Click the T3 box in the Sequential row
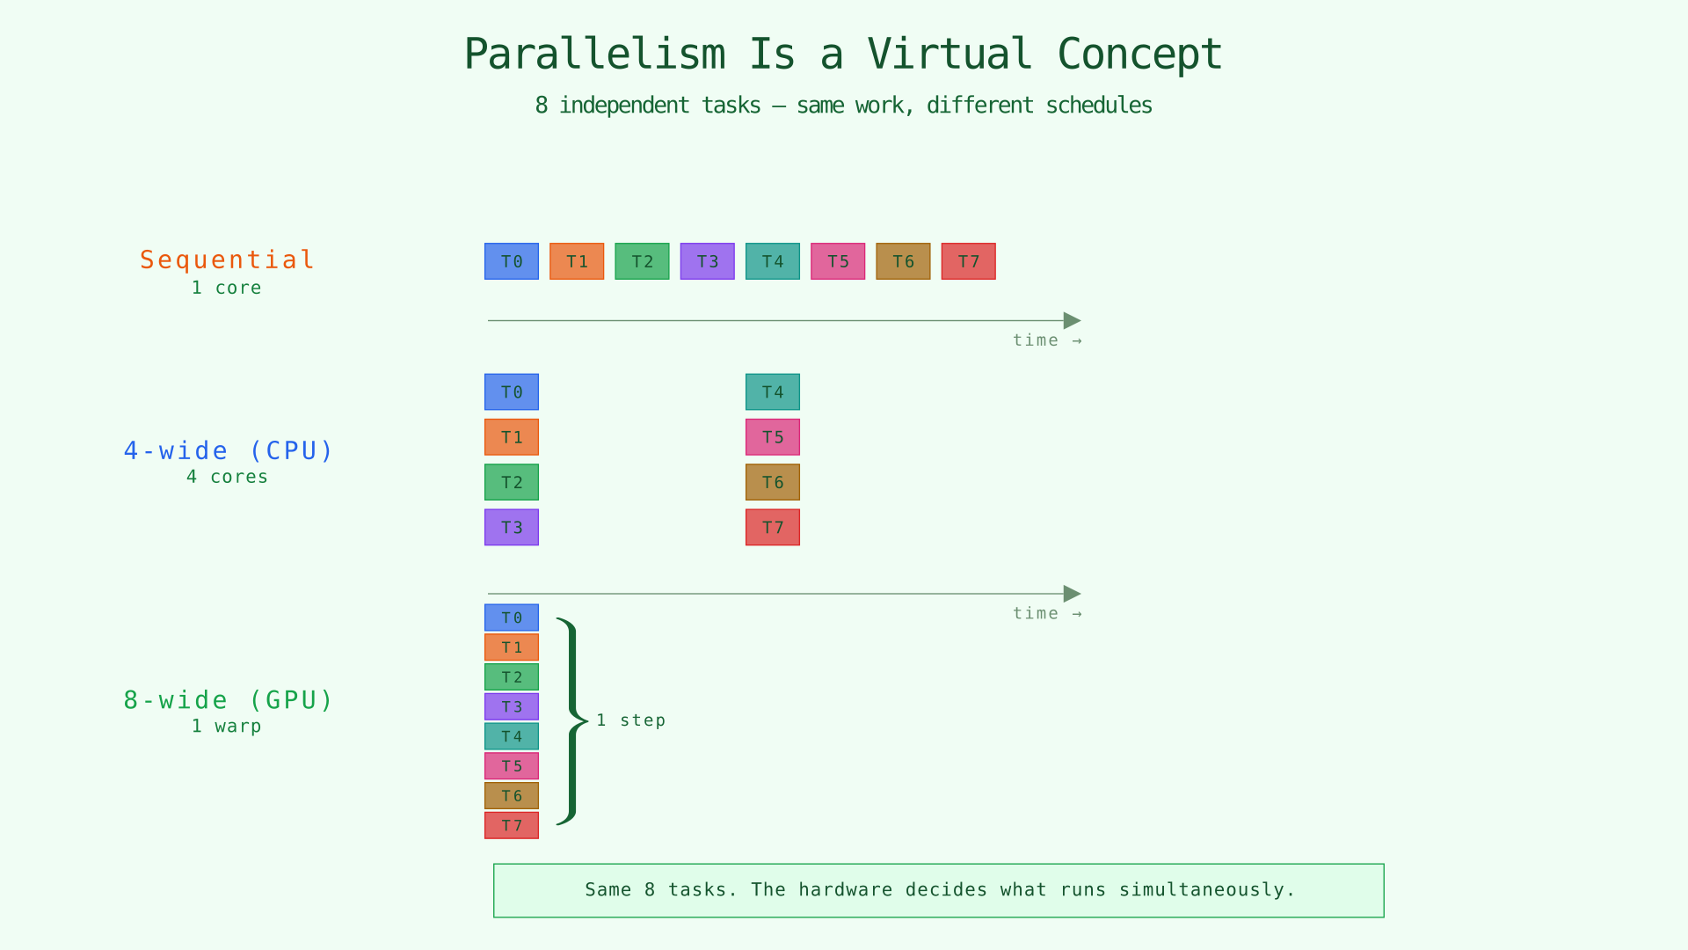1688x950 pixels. [707, 261]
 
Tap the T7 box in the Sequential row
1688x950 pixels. [968, 261]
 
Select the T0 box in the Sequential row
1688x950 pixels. [511, 261]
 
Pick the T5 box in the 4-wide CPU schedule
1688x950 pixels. [772, 437]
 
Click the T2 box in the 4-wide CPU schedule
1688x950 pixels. [511, 482]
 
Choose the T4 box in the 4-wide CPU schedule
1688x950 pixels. [772, 391]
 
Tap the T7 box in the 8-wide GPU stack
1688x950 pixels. [511, 825]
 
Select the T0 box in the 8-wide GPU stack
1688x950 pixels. [511, 617]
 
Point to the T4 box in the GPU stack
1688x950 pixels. [511, 736]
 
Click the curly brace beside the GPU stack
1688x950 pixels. [572, 721]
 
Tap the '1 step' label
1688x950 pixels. [630, 720]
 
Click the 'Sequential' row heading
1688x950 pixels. [227, 259]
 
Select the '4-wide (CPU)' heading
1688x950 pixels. [228, 450]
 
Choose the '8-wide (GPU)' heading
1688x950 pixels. [228, 700]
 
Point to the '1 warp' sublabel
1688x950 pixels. [227, 727]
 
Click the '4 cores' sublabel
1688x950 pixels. [227, 477]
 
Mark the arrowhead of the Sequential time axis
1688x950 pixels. [1072, 320]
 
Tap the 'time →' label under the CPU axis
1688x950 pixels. [1046, 613]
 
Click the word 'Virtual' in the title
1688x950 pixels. [949, 54]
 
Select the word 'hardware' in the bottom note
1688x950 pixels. [845, 889]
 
